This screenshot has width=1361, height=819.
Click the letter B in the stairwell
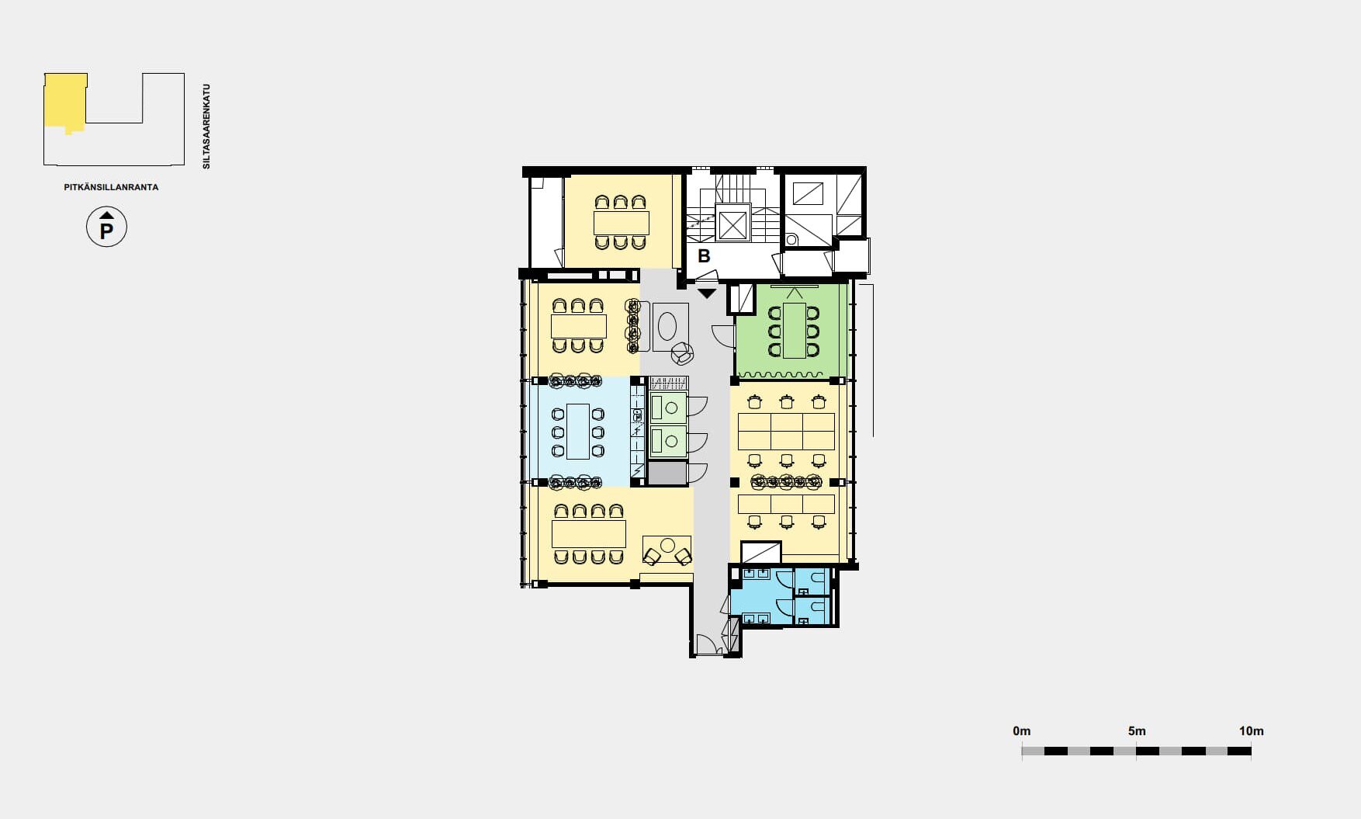pyautogui.click(x=704, y=255)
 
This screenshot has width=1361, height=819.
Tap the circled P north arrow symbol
pyautogui.click(x=106, y=227)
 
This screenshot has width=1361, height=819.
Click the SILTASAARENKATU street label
pyautogui.click(x=206, y=127)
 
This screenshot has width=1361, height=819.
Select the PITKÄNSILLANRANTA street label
pyautogui.click(x=111, y=187)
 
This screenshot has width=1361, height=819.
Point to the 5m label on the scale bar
pyautogui.click(x=1137, y=731)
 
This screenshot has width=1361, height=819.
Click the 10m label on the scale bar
pyautogui.click(x=1251, y=731)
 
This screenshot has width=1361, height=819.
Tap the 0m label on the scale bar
pyautogui.click(x=1022, y=731)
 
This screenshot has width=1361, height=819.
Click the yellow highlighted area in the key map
pyautogui.click(x=64, y=101)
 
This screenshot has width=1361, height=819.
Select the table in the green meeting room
pyautogui.click(x=794, y=330)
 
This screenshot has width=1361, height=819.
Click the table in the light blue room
pyautogui.click(x=578, y=431)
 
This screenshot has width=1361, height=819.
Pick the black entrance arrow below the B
pyautogui.click(x=707, y=293)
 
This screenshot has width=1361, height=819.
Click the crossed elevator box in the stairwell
pyautogui.click(x=732, y=225)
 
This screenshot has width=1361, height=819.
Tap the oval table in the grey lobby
pyautogui.click(x=667, y=326)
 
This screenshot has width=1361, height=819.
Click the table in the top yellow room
pyautogui.click(x=621, y=223)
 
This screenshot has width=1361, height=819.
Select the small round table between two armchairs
pyautogui.click(x=668, y=546)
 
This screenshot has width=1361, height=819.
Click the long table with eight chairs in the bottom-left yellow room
pyautogui.click(x=588, y=534)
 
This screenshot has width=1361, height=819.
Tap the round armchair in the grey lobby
pyautogui.click(x=682, y=354)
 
